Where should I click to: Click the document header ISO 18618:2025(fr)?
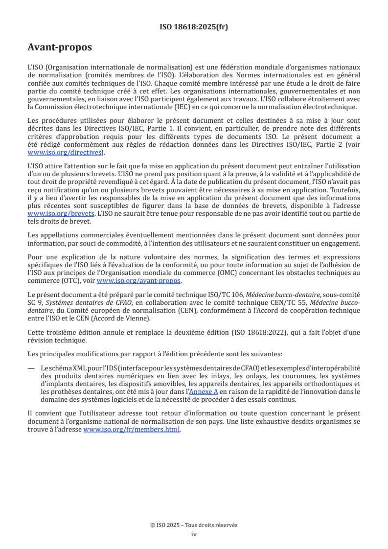click(x=194, y=27)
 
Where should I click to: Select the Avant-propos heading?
click(x=59, y=47)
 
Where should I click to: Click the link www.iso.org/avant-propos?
click(x=138, y=280)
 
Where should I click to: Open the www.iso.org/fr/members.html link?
click(x=132, y=429)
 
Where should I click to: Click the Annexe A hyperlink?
click(x=204, y=391)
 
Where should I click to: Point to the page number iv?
click(x=194, y=534)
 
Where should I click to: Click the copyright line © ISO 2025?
click(x=194, y=525)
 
